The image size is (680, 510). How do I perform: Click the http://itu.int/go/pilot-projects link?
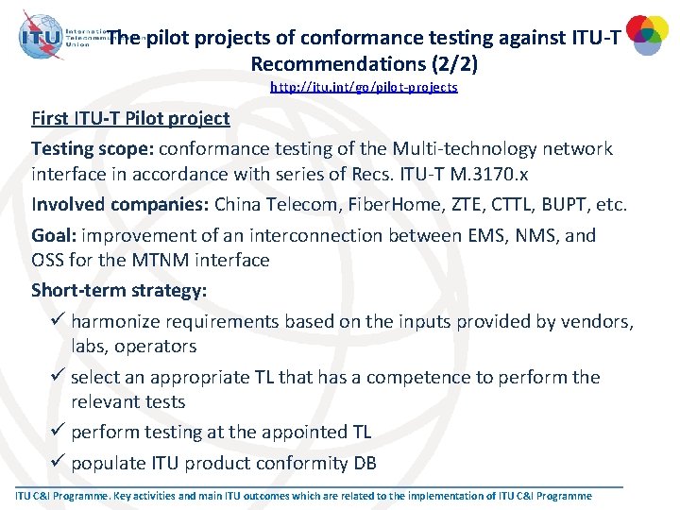[x=364, y=87]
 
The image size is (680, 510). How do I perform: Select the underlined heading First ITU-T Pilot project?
[x=130, y=118]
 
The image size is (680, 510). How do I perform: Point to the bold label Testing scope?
[x=93, y=149]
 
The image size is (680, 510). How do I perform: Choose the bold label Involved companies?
[x=120, y=205]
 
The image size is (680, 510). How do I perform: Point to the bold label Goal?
[x=55, y=235]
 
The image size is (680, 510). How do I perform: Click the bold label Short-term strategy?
[x=119, y=290]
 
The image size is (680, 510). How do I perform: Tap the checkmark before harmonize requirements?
[x=58, y=321]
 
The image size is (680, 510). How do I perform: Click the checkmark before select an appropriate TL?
[x=58, y=377]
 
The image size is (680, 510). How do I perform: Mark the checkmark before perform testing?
[x=58, y=432]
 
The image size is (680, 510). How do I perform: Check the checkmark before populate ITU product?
[x=58, y=463]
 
